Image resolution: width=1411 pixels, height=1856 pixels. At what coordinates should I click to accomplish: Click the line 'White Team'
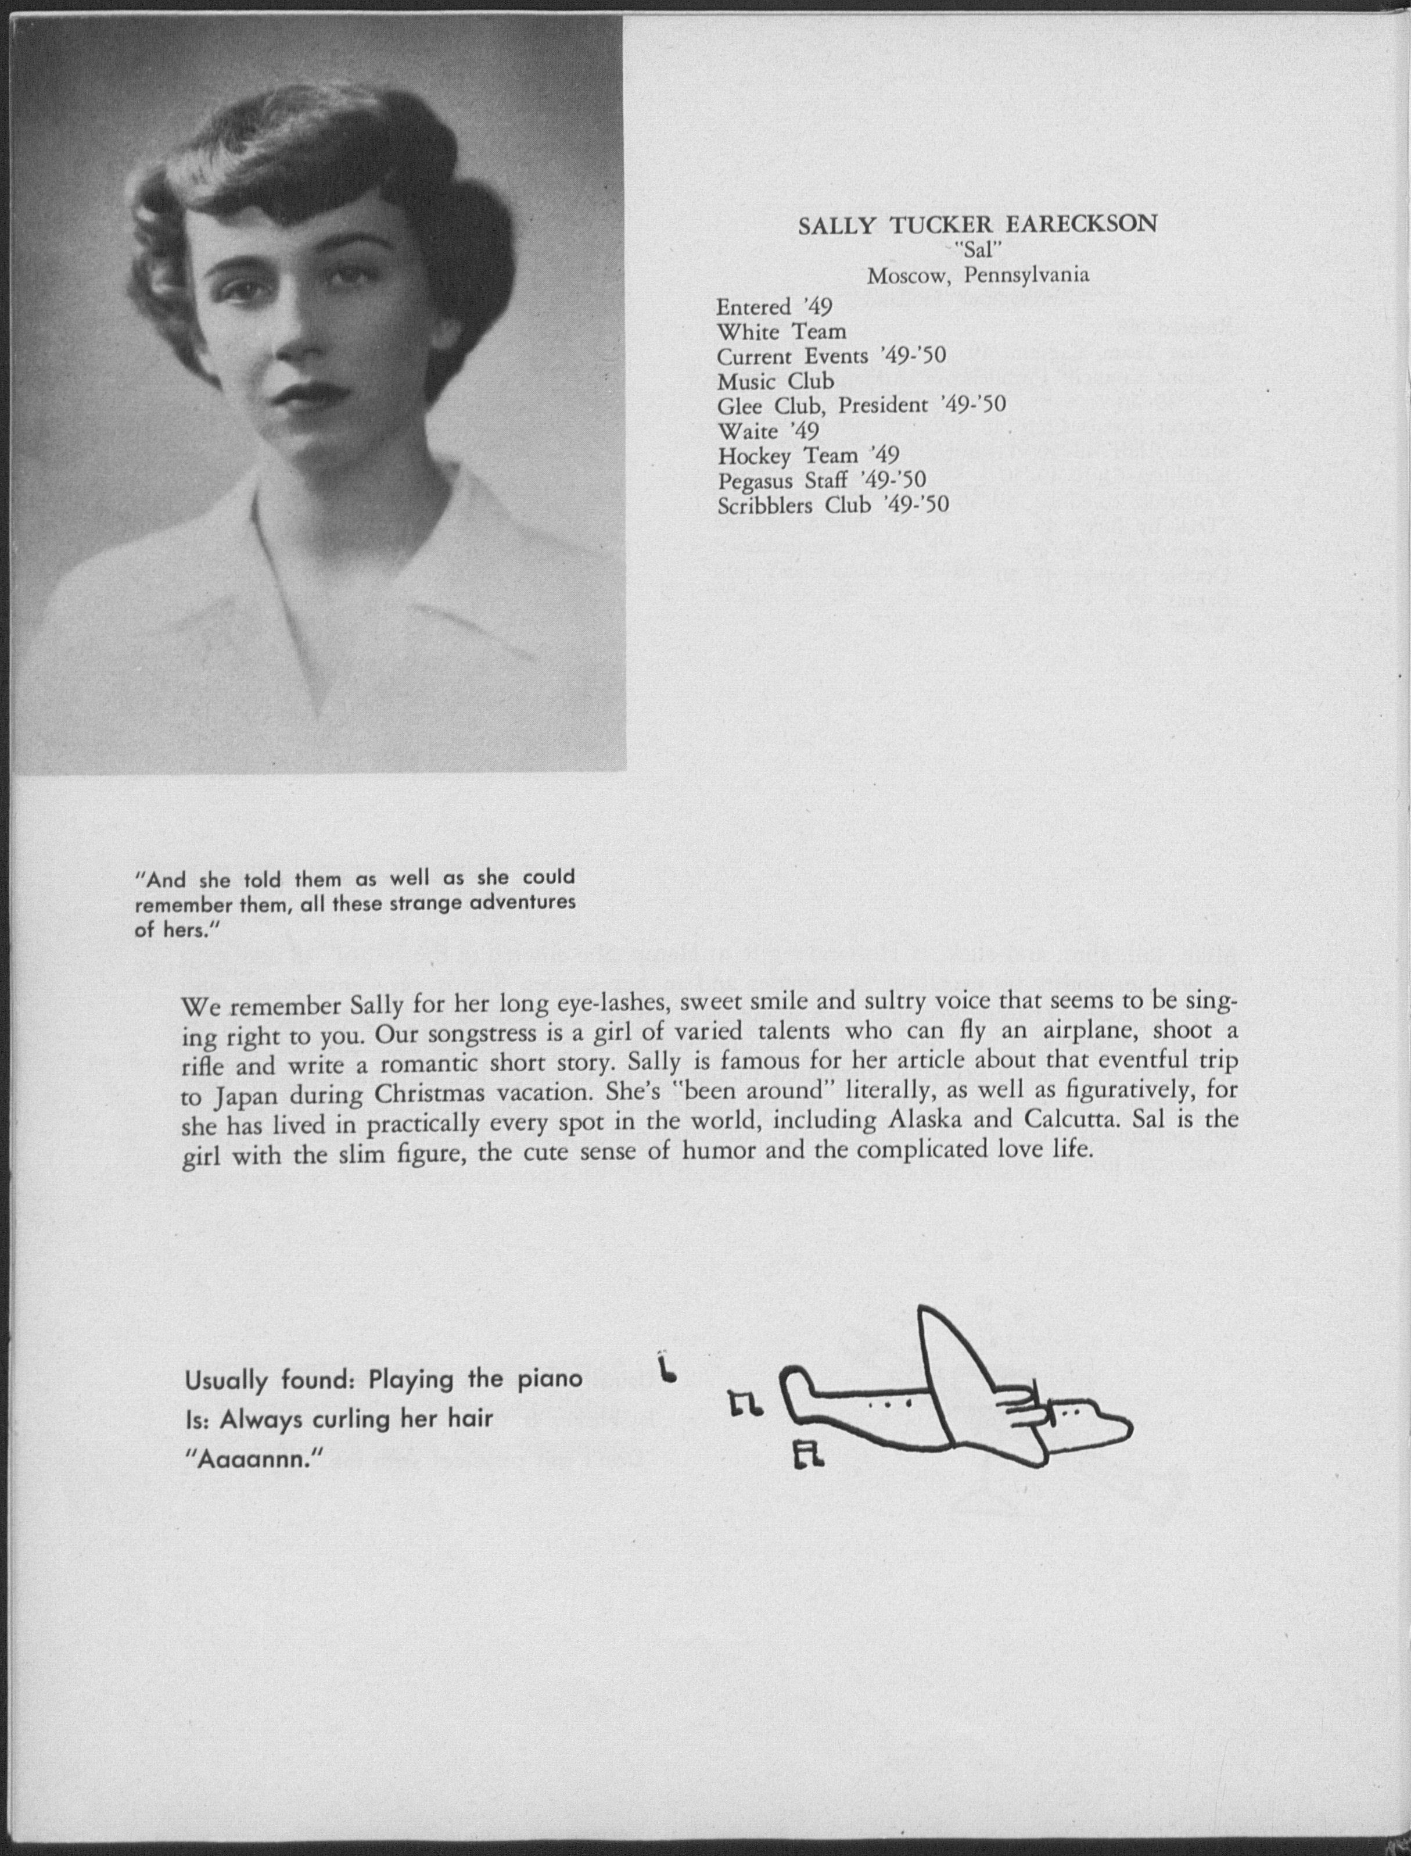781,332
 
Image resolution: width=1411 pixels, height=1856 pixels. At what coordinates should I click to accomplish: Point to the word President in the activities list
882,406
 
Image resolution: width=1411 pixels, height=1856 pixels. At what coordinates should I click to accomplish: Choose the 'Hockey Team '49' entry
808,455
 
